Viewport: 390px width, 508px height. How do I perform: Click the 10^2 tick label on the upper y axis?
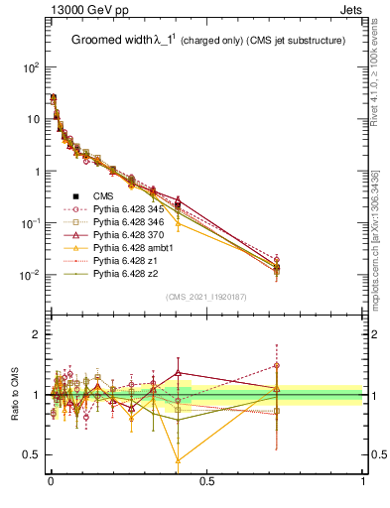31,67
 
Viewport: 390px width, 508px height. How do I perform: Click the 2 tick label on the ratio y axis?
37,335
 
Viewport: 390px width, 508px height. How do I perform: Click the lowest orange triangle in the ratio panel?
178,460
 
